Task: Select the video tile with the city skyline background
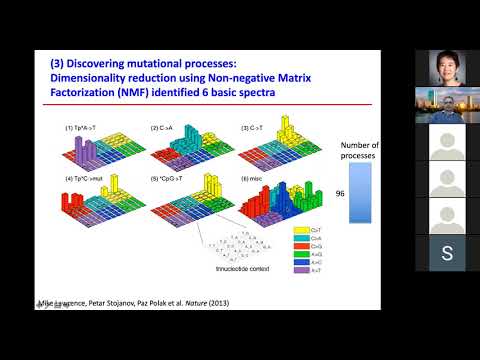[x=446, y=105]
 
